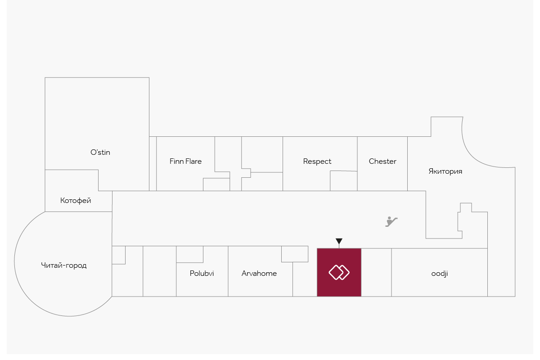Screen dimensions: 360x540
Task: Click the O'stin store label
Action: [100, 152]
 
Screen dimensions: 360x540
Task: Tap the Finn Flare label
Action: [185, 161]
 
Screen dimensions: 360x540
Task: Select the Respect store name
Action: [317, 161]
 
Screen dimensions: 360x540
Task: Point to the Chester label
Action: [382, 161]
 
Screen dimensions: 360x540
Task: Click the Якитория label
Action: [445, 171]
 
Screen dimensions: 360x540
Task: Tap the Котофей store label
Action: [76, 201]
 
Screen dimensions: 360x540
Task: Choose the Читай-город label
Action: [63, 265]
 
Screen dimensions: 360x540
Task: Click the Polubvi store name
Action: [202, 273]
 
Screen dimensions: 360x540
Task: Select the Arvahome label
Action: [259, 273]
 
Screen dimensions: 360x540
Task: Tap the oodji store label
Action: [439, 273]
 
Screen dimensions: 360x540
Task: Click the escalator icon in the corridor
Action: [391, 221]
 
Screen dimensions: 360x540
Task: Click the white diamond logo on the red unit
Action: [339, 272]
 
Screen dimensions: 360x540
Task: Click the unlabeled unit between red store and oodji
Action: [376, 272]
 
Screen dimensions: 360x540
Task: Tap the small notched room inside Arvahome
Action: [295, 254]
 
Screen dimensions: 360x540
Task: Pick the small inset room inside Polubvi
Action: [189, 254]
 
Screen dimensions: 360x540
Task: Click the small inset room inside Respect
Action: [343, 181]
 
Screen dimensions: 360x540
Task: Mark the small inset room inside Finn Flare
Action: [216, 184]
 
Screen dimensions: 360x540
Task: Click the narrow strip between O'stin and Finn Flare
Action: [153, 163]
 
